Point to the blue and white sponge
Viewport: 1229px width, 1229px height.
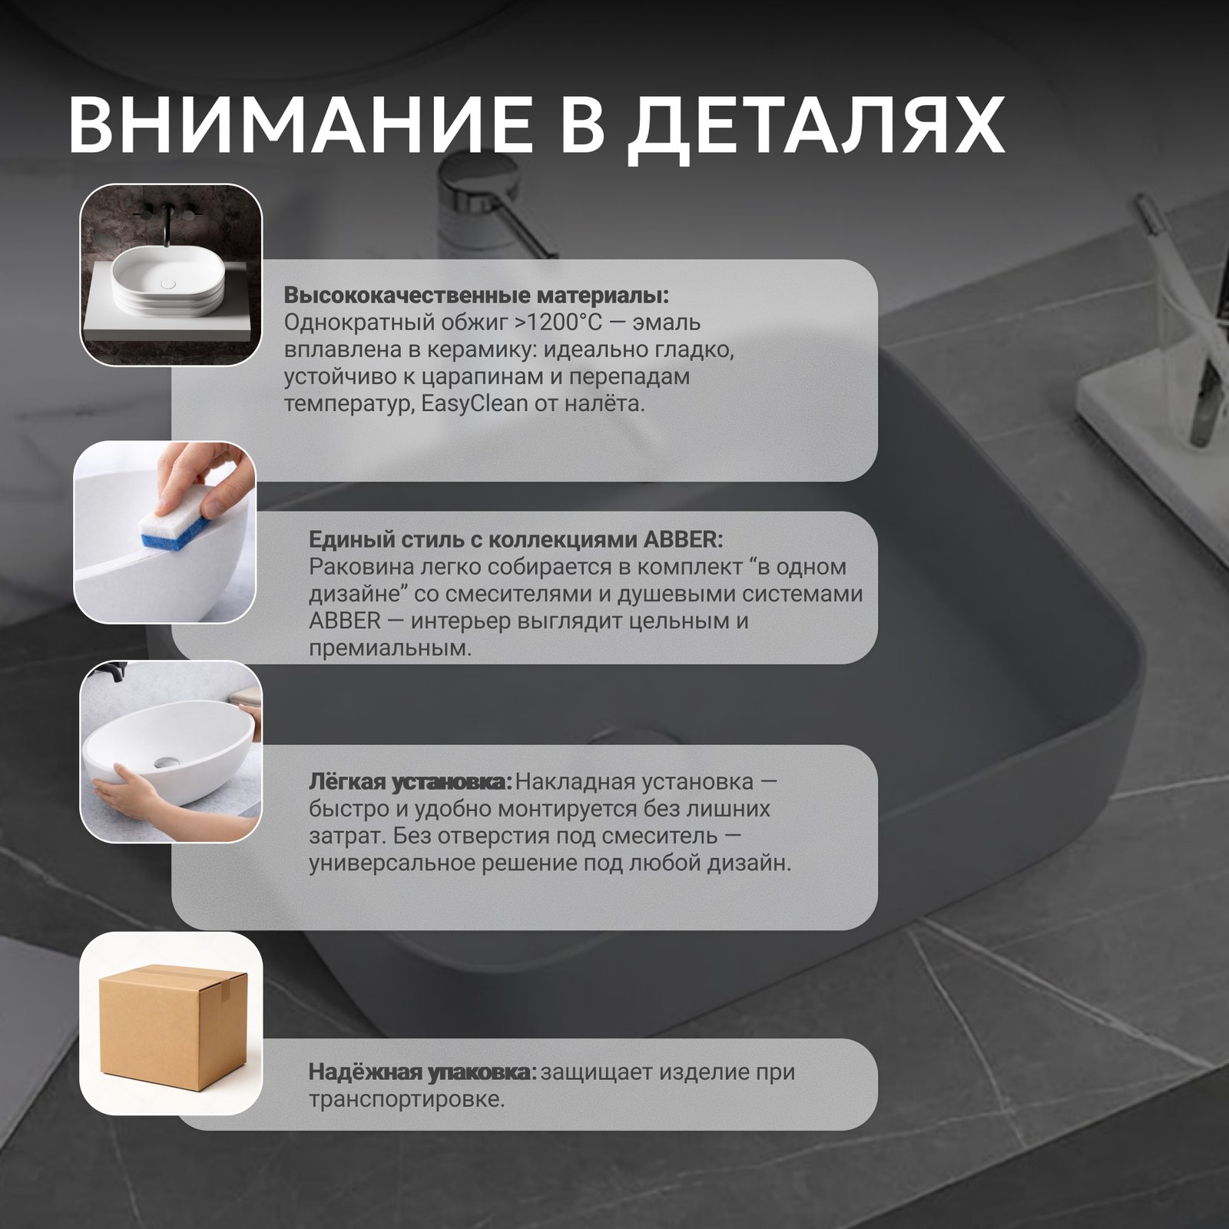click(x=174, y=525)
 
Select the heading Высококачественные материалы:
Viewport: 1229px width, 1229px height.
click(x=476, y=296)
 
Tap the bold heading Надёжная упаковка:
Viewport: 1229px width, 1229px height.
click(x=422, y=1072)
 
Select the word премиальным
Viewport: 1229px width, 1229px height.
click(x=389, y=648)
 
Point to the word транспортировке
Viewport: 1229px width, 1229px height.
click(x=406, y=1099)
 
